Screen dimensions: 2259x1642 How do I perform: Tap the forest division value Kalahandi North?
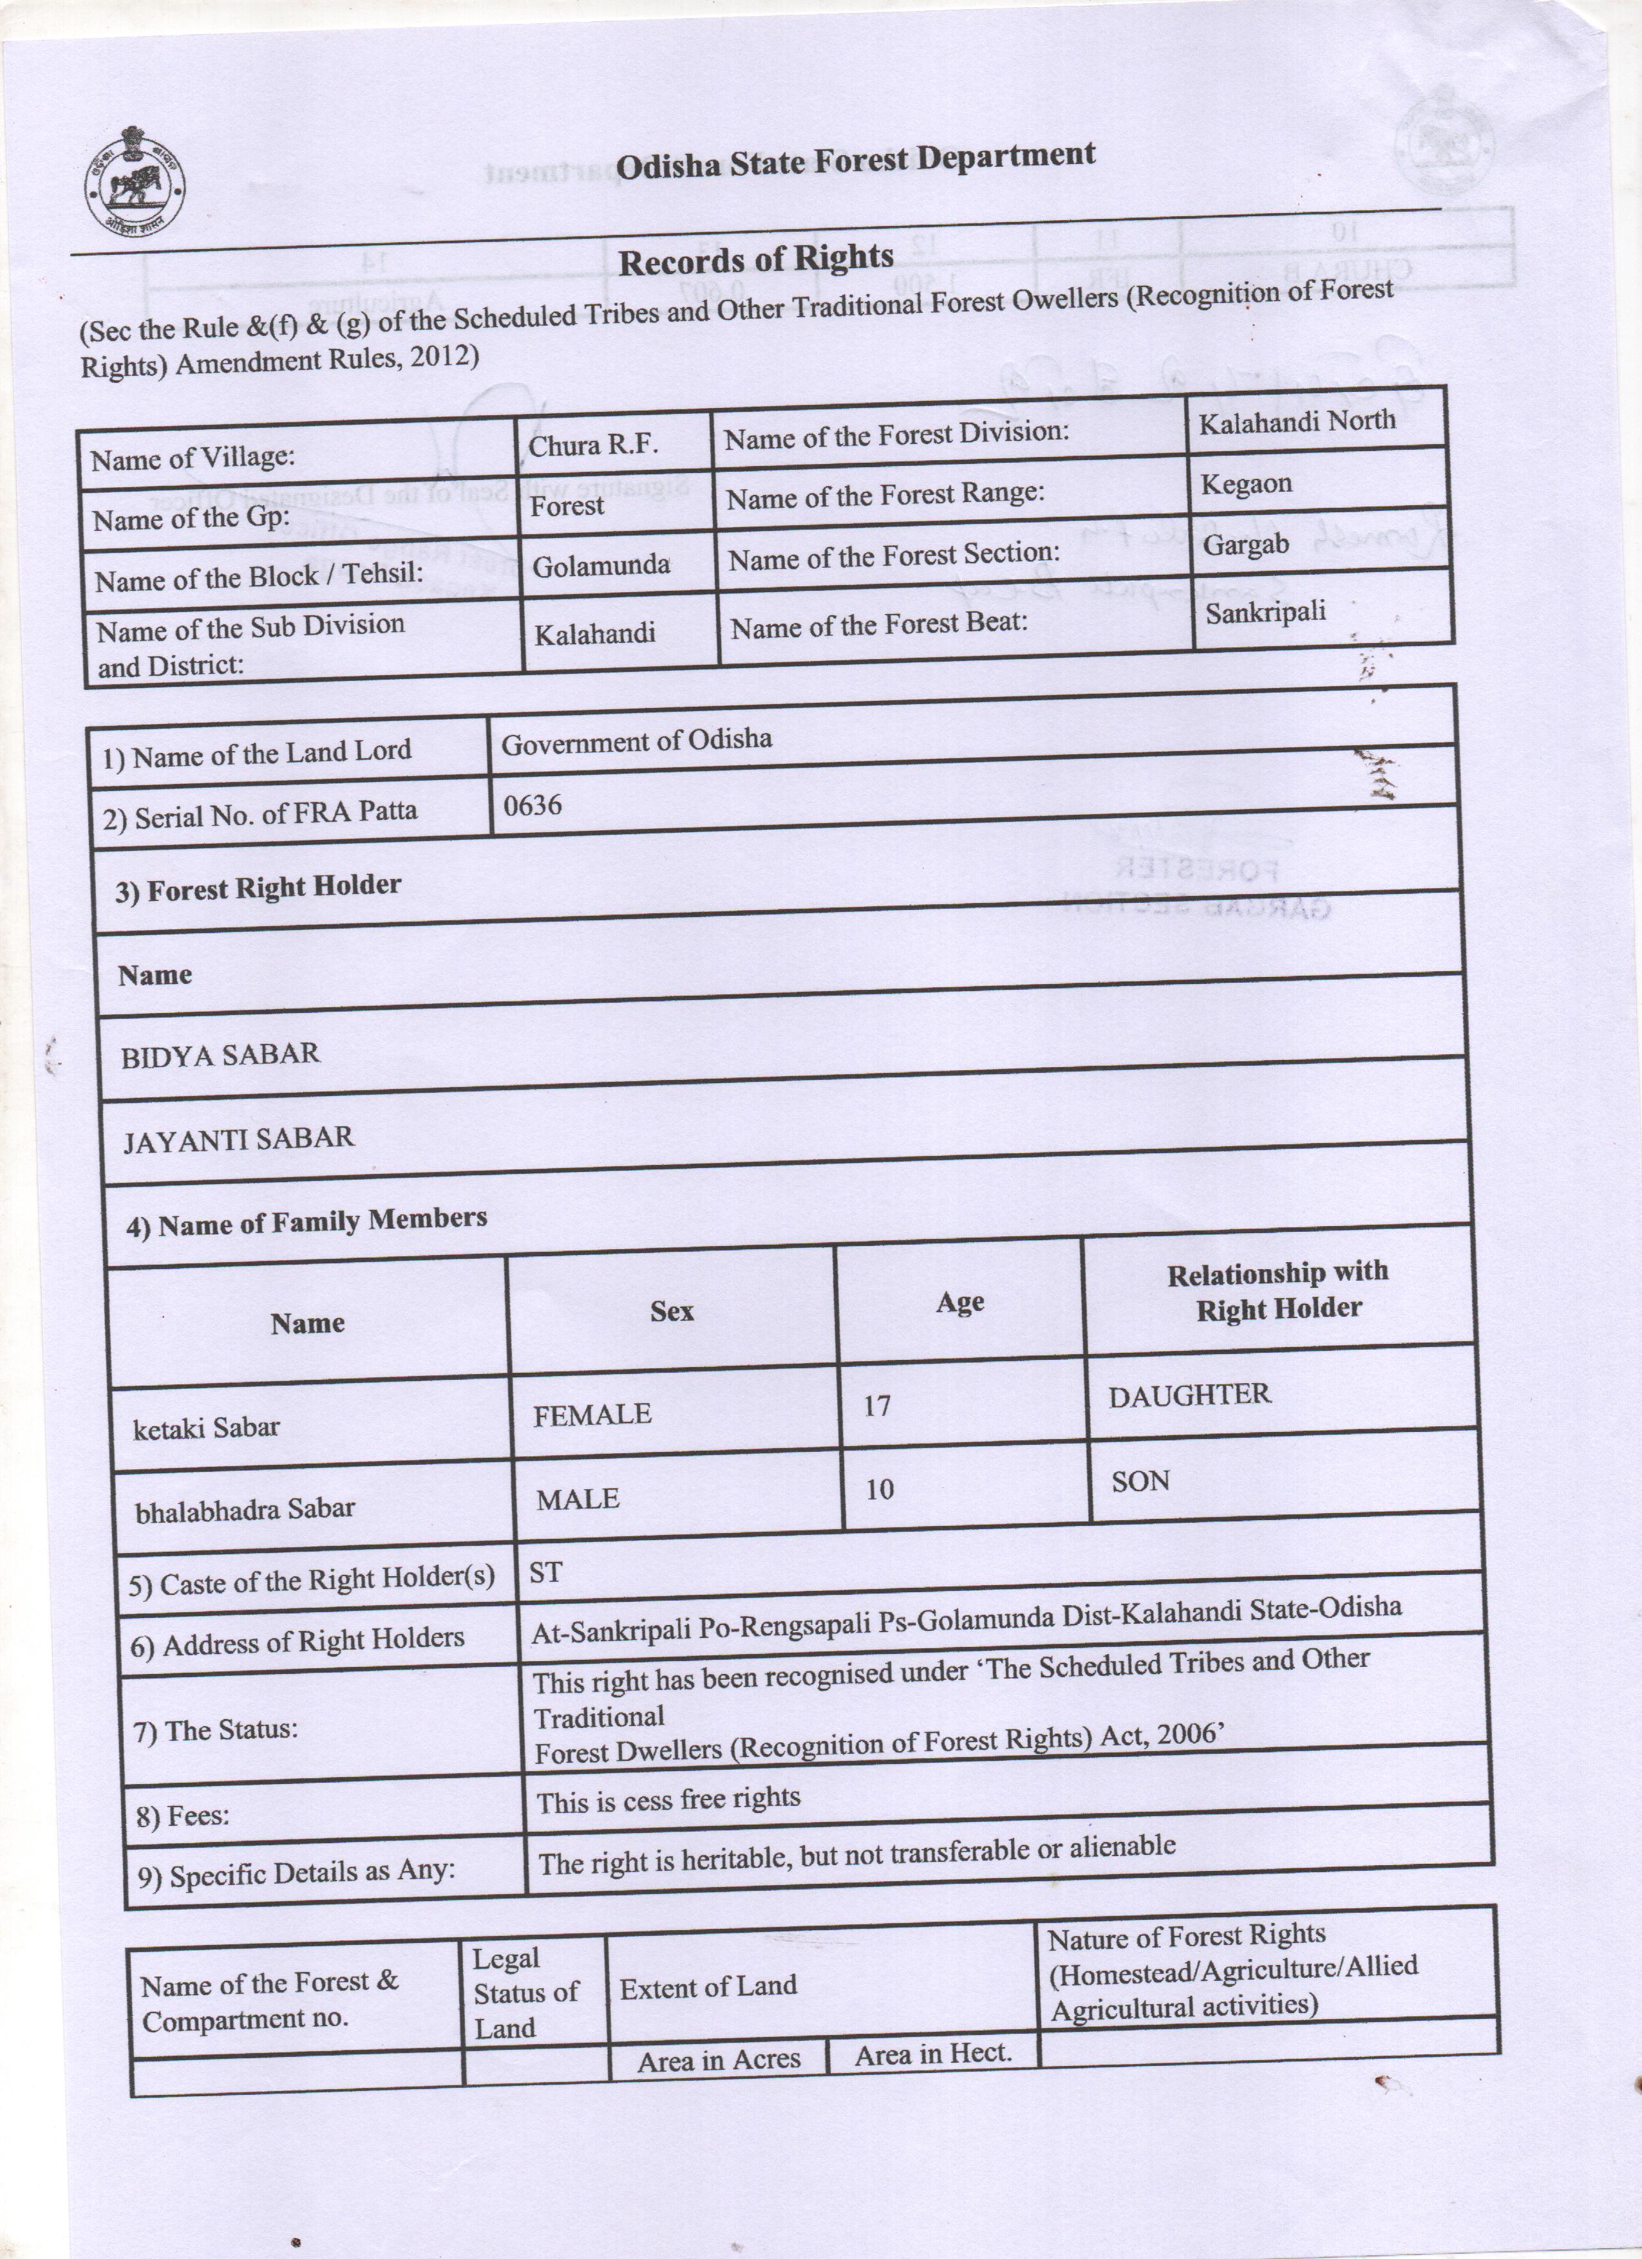click(x=1296, y=422)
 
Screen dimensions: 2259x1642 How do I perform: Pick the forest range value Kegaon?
click(x=1245, y=484)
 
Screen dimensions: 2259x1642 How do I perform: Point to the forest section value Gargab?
click(x=1245, y=546)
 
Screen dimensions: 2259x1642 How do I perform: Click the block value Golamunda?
click(x=601, y=566)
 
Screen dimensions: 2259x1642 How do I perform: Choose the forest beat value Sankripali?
click(x=1265, y=611)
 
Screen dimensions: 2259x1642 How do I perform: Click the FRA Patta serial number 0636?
click(x=532, y=804)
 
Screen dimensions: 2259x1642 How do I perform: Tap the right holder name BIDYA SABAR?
click(x=220, y=1055)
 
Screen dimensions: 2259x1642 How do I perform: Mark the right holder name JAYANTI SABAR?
click(x=238, y=1139)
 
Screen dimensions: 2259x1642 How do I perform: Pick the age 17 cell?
click(x=877, y=1406)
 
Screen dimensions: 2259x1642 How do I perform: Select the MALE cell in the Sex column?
click(x=578, y=1498)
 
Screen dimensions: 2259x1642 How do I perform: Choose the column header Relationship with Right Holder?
click(x=1278, y=1290)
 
